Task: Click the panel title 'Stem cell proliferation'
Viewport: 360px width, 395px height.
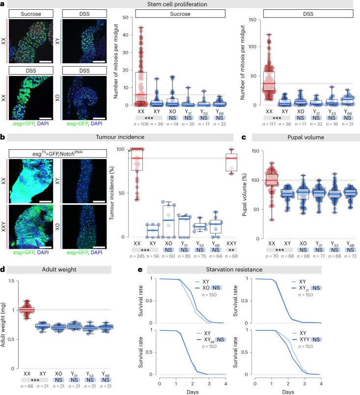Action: [x=180, y=5]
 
